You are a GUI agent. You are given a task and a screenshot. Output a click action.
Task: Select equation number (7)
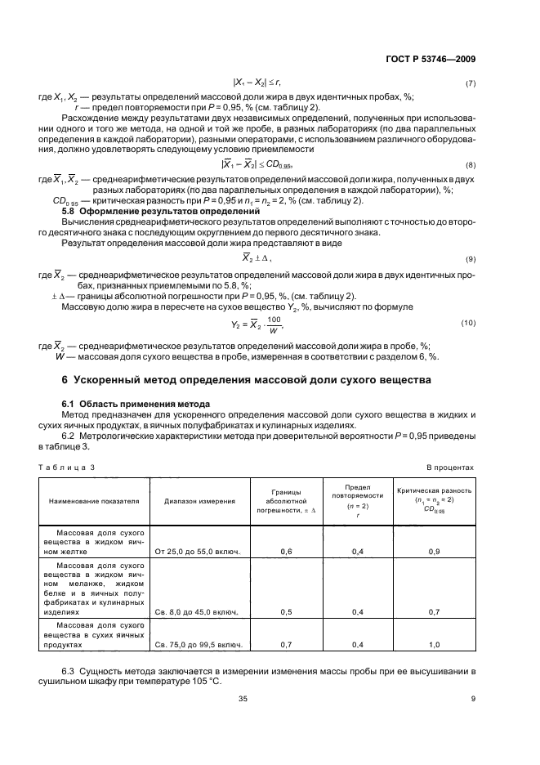coord(470,84)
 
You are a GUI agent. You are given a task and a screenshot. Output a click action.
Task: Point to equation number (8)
coord(470,165)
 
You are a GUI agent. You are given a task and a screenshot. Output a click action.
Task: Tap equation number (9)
coord(470,258)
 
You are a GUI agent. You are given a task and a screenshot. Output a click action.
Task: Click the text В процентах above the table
coord(451,467)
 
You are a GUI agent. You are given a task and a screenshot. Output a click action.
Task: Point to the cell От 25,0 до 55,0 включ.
coord(199,552)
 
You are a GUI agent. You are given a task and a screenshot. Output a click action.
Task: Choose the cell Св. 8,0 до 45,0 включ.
coord(199,611)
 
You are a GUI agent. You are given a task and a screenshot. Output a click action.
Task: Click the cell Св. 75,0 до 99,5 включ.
coord(199,645)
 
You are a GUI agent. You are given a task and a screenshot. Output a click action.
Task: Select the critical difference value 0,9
coord(434,552)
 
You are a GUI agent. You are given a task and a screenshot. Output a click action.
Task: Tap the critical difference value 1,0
coord(434,645)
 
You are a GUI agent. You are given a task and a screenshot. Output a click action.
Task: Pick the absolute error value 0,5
coord(286,611)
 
